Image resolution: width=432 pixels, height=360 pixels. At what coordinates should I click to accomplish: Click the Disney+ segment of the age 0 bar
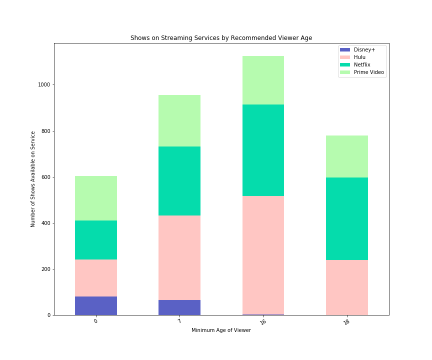96,305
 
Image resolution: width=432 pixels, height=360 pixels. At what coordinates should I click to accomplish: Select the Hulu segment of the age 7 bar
179,257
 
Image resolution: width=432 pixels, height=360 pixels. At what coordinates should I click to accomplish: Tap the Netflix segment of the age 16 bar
263,150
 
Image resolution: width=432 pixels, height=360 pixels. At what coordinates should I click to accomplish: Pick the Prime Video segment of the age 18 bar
346,156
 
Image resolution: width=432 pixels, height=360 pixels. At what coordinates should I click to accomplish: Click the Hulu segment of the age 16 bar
263,255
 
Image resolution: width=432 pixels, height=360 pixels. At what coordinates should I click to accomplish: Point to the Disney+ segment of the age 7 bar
179,307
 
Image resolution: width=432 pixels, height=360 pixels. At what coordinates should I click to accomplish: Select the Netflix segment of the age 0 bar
96,240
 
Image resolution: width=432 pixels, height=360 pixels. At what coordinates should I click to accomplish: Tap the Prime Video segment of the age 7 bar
179,120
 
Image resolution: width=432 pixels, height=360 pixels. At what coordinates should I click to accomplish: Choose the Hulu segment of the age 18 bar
346,287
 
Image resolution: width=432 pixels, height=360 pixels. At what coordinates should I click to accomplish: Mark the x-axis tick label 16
262,322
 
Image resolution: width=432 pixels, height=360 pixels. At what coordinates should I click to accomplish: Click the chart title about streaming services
221,38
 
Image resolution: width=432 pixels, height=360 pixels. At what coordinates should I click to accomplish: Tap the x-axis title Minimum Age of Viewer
221,330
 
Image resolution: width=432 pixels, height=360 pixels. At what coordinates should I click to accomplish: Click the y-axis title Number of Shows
33,179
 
